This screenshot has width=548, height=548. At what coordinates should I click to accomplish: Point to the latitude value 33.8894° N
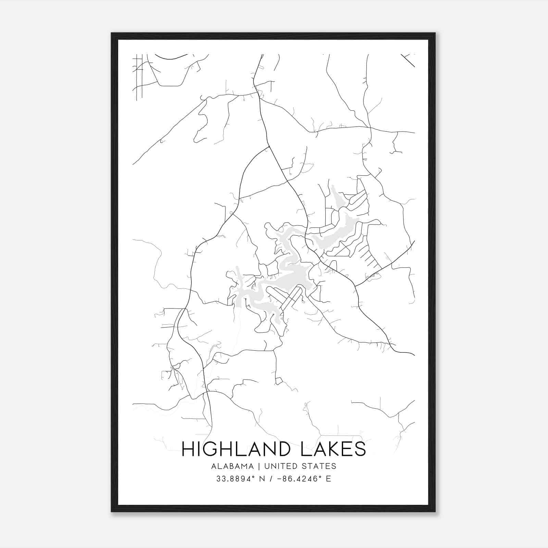(x=240, y=479)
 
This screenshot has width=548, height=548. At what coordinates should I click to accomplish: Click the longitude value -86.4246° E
(x=305, y=479)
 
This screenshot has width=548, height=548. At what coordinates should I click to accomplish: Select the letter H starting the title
(x=188, y=449)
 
